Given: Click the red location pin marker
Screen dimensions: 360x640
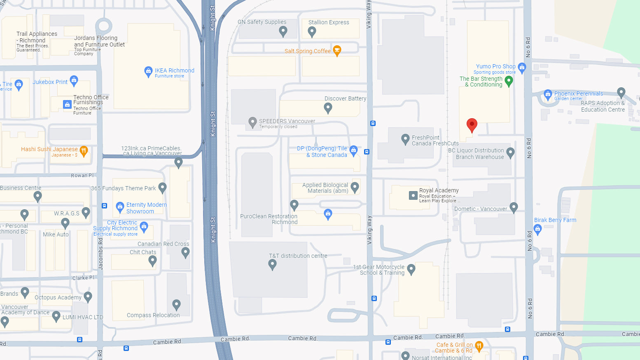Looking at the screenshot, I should click(x=472, y=125).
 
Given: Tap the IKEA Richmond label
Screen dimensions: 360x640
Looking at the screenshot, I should click(x=174, y=71).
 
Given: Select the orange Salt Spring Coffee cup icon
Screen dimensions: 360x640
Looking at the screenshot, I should click(x=337, y=50).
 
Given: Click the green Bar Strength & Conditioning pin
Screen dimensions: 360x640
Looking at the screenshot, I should click(x=509, y=81).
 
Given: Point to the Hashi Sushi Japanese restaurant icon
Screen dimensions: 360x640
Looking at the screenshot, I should click(x=84, y=151).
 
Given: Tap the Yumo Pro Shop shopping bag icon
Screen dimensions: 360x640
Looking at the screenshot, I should click(x=522, y=67).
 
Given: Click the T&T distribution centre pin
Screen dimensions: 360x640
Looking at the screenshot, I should click(x=272, y=265).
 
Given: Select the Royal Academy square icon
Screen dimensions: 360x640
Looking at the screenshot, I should click(x=413, y=195).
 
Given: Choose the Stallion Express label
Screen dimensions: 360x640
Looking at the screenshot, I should click(x=329, y=22).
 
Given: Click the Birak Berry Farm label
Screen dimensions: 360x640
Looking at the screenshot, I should click(x=555, y=220).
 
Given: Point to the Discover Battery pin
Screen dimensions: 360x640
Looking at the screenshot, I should click(x=328, y=108).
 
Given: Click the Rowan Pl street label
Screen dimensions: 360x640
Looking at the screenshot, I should click(x=82, y=175).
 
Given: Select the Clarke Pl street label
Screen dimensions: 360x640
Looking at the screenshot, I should click(x=83, y=278).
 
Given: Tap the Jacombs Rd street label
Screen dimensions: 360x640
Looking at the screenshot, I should click(x=100, y=253).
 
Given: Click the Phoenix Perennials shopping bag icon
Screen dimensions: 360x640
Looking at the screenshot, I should click(x=548, y=94).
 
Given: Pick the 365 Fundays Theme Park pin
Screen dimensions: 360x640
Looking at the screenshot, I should click(x=162, y=188).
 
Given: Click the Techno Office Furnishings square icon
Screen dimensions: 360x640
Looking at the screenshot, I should click(x=67, y=105).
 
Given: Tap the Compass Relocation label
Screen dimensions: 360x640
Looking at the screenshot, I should click(x=153, y=315).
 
